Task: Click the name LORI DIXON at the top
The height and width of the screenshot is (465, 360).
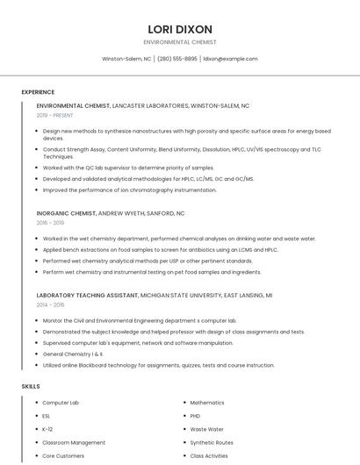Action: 180,29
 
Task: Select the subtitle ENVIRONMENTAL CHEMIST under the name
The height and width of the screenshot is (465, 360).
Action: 180,42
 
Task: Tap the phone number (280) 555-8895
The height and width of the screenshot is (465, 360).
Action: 176,59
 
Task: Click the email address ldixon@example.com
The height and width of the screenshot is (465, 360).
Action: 230,59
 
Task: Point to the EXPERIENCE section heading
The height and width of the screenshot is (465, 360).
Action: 38,92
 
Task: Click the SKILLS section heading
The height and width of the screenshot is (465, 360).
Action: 31,386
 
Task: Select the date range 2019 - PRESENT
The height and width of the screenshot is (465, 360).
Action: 54,115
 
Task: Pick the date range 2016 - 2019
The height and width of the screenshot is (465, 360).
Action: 50,223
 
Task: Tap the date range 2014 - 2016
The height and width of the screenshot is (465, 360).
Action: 50,304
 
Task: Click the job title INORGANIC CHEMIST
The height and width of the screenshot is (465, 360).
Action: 66,213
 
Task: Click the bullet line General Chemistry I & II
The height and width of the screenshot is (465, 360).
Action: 73,354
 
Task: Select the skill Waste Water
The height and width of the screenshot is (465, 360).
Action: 206,429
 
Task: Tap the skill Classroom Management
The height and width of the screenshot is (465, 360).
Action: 74,442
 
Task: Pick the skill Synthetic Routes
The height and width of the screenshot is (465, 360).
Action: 212,442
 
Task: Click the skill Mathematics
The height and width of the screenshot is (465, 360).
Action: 207,402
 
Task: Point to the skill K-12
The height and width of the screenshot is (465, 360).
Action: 47,429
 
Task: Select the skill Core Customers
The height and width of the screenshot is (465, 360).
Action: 63,456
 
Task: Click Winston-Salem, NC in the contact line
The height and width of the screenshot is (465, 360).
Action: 126,59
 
